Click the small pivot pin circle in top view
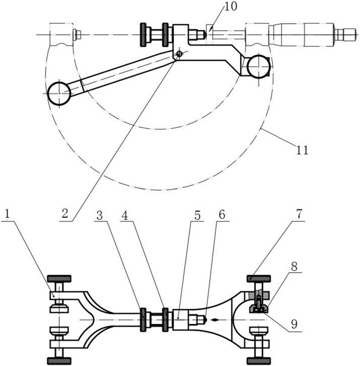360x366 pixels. coord(179,54)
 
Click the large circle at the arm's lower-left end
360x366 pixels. coord(59,93)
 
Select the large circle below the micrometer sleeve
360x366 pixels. coord(258,66)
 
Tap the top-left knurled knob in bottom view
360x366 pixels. coord(58,278)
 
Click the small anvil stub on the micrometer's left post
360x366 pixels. coord(77,35)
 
